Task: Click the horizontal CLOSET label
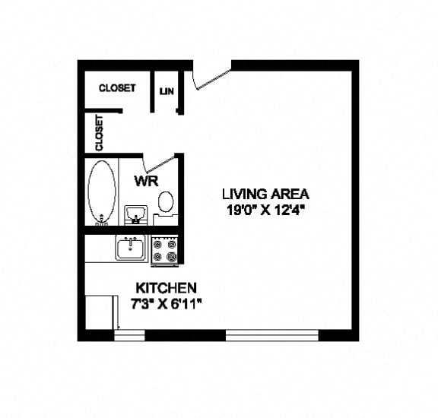[x=117, y=88]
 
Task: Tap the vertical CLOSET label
[x=99, y=133]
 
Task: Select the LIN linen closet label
[x=167, y=92]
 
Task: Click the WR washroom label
[x=146, y=182]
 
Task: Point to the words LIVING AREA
[x=265, y=193]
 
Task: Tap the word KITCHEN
[x=166, y=289]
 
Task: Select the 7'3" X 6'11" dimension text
[x=166, y=303]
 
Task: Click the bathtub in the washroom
[x=101, y=191]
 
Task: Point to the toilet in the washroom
[x=165, y=203]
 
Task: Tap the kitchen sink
[x=131, y=248]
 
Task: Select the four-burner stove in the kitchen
[x=165, y=250]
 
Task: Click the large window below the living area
[x=271, y=334]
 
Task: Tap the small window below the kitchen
[x=129, y=334]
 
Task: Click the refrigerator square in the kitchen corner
[x=98, y=311]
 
